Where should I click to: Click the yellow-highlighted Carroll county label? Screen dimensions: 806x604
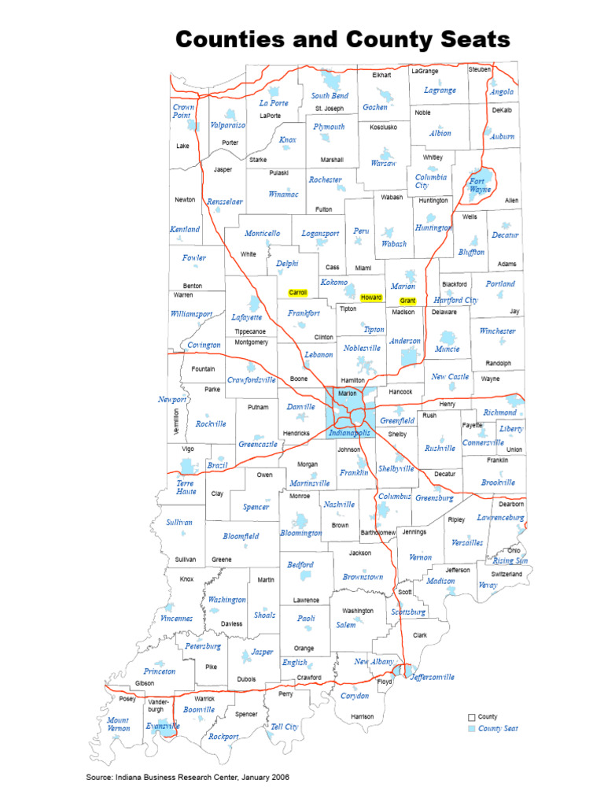pos(298,293)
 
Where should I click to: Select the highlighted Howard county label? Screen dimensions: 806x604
pos(370,298)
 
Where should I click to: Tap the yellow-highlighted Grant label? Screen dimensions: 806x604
pos(407,301)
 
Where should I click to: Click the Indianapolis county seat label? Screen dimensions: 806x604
pos(349,433)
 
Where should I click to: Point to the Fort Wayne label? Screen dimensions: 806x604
pos(480,185)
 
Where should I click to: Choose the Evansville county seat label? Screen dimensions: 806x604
pos(163,727)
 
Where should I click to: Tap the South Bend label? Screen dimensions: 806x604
pos(329,96)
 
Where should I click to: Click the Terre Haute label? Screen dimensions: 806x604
pos(186,487)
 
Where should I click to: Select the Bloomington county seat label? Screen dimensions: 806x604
pos(301,533)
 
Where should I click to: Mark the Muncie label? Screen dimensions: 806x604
pos(447,349)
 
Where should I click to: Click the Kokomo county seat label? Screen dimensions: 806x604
pos(333,282)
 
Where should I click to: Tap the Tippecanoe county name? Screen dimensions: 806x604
pos(250,331)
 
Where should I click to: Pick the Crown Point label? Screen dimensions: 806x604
pos(183,111)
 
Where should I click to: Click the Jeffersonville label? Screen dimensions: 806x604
pos(432,677)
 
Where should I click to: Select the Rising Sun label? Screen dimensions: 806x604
pos(510,560)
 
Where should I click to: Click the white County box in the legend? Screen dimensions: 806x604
pos(472,717)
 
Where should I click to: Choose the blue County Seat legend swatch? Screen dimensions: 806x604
pos(472,729)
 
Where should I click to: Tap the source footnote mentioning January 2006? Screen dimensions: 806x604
pos(187,777)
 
